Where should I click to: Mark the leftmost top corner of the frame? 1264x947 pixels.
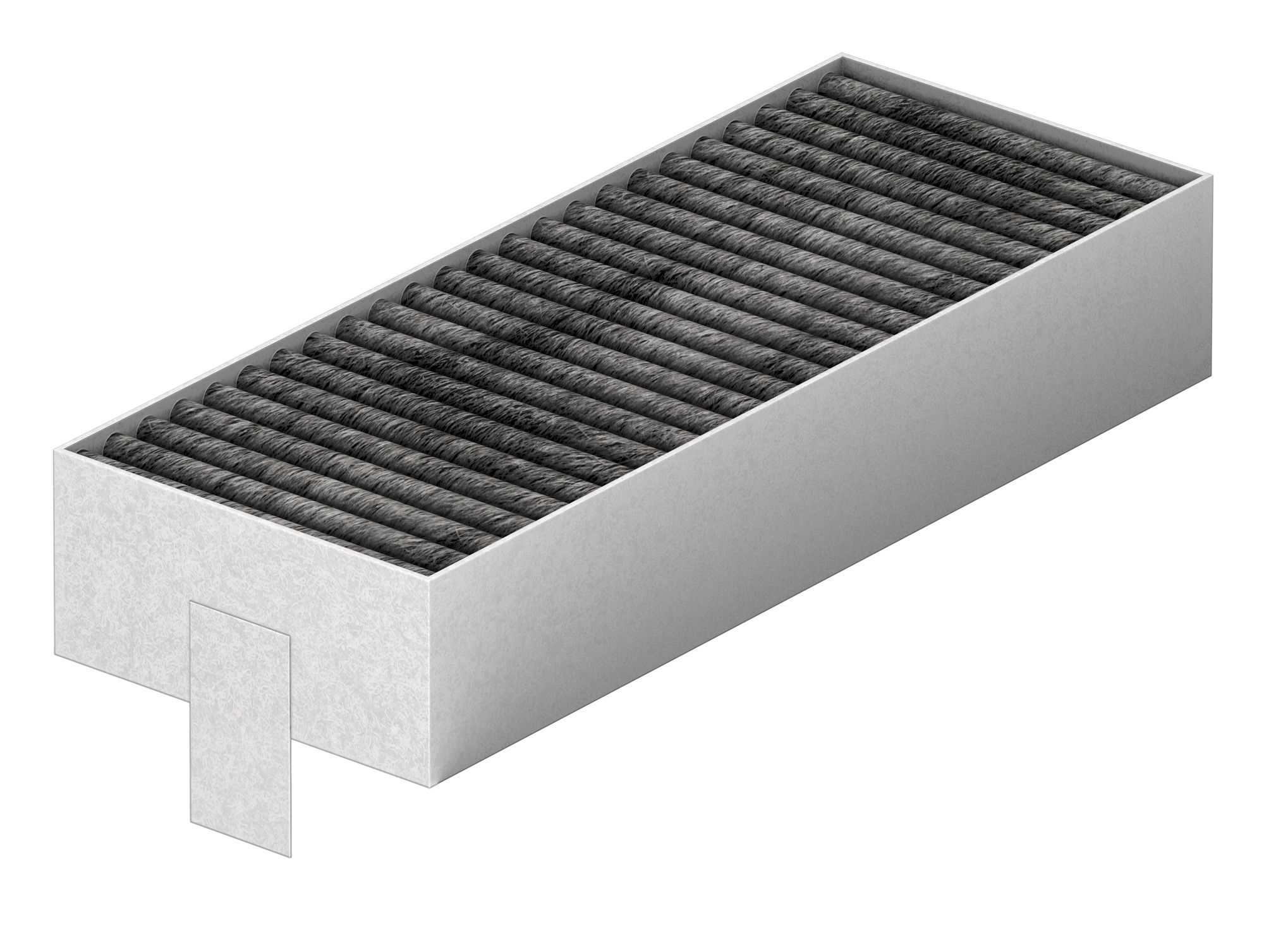coord(53,449)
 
